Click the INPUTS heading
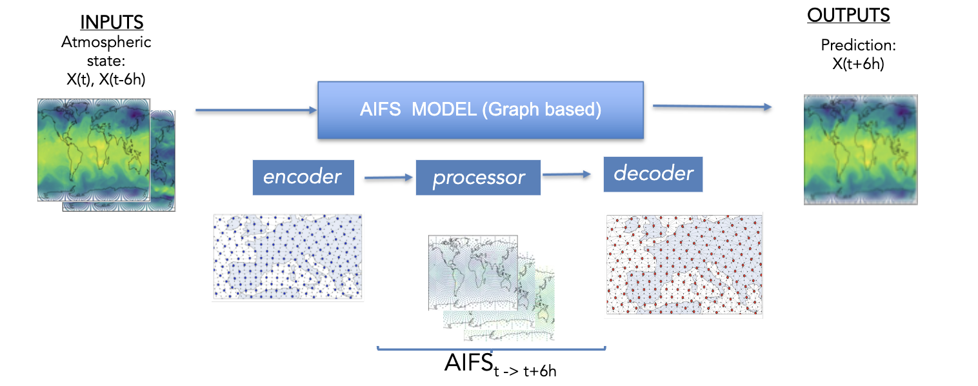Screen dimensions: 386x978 click(x=112, y=23)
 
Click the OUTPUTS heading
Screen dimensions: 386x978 click(x=848, y=15)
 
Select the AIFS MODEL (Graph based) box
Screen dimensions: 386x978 click(x=480, y=110)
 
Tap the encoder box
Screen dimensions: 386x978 click(x=303, y=177)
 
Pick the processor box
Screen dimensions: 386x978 click(x=478, y=178)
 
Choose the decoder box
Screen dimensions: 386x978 click(x=653, y=173)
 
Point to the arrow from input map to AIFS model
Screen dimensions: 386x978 click(x=256, y=110)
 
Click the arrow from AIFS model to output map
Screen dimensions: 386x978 click(x=713, y=107)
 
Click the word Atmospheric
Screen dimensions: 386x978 click(x=106, y=43)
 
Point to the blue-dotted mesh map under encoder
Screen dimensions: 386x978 click(x=288, y=257)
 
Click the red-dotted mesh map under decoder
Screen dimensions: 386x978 click(x=684, y=265)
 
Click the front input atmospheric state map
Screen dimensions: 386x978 click(x=94, y=149)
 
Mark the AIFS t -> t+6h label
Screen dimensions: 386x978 click(x=499, y=365)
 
